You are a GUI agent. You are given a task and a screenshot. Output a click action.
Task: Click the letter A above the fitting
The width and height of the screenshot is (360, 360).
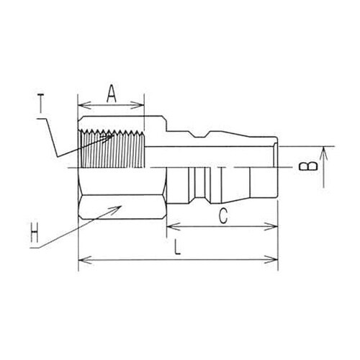coord(111,91)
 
